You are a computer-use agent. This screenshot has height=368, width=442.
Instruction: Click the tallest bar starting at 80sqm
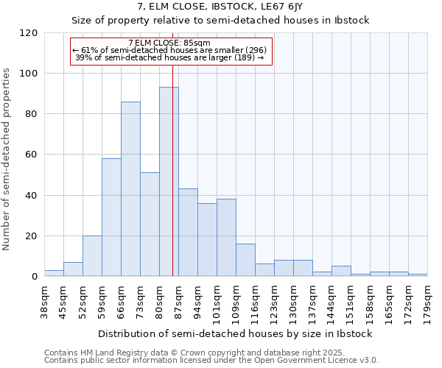pos(169,182)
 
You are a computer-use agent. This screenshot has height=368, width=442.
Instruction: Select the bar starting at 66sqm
pos(130,189)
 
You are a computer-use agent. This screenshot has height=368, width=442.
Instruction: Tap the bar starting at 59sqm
pos(111,217)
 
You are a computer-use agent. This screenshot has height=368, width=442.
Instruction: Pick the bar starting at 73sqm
pos(150,224)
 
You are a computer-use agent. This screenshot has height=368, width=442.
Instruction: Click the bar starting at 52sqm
pos(92,256)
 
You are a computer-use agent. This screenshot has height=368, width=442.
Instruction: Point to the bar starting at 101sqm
pos(226,238)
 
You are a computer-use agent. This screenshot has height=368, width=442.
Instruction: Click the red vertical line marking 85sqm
pos(172,184)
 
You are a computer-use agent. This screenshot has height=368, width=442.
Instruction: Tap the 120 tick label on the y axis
pos(29,33)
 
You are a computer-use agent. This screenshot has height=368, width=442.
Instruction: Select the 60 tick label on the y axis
pos(32,155)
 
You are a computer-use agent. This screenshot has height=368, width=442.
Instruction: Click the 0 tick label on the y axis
pos(35,277)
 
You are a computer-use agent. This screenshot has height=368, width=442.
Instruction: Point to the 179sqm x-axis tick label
pos(427,300)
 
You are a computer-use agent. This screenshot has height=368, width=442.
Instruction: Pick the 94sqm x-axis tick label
pos(197,300)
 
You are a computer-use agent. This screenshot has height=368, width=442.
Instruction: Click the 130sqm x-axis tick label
pos(293,301)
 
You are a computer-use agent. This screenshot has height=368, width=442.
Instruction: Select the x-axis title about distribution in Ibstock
pos(235,333)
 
